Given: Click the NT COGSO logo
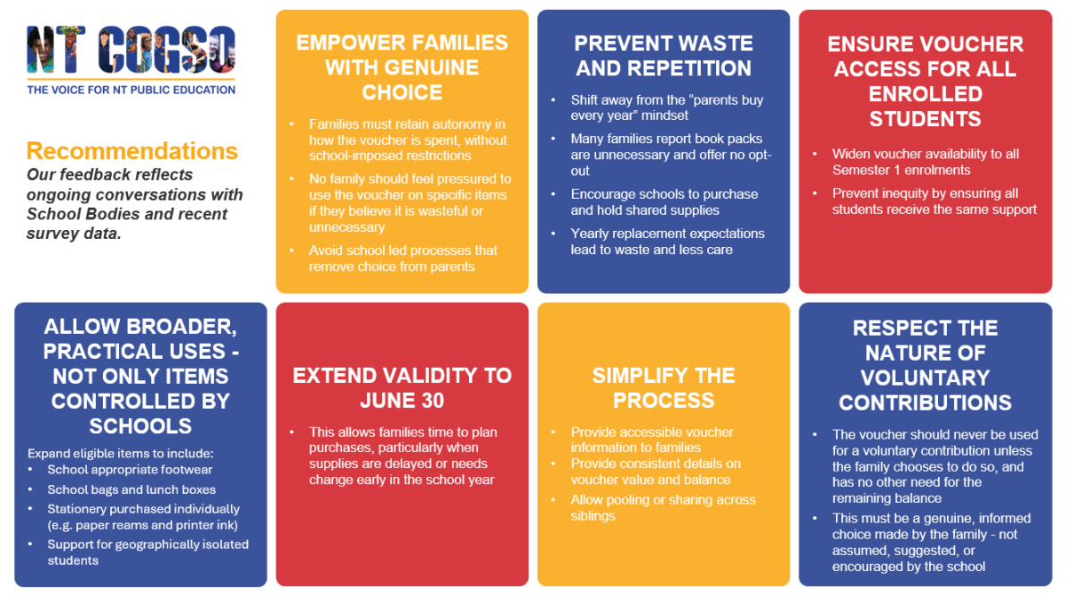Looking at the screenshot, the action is [x=131, y=50].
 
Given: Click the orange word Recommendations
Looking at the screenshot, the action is [x=131, y=151].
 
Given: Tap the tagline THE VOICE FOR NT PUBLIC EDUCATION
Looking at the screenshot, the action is [x=131, y=90].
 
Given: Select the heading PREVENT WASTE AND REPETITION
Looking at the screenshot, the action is [x=664, y=56].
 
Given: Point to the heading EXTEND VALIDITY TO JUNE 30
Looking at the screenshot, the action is [x=402, y=387].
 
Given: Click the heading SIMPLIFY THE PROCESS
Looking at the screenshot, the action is [x=664, y=387].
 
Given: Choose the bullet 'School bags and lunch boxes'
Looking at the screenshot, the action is [x=131, y=489].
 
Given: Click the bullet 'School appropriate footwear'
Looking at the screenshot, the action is [x=130, y=470].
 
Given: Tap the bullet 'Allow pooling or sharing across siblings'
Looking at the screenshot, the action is [x=663, y=507].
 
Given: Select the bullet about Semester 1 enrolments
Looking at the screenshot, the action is [x=925, y=162].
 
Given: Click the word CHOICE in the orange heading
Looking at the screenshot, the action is [x=402, y=92].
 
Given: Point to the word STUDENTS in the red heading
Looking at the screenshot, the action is [x=925, y=119].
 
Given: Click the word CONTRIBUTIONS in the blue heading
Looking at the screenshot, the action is [x=925, y=403].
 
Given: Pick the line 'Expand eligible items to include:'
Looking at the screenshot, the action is [x=121, y=453].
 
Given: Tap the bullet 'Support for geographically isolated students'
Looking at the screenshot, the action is [x=148, y=552].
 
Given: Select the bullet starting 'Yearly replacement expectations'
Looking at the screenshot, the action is [x=667, y=242].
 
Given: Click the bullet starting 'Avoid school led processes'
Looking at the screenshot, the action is [x=403, y=258].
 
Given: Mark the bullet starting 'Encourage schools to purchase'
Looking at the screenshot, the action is [x=664, y=203].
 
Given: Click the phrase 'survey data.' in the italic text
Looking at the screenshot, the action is [x=74, y=234].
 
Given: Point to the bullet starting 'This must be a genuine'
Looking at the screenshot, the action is [x=931, y=542].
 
